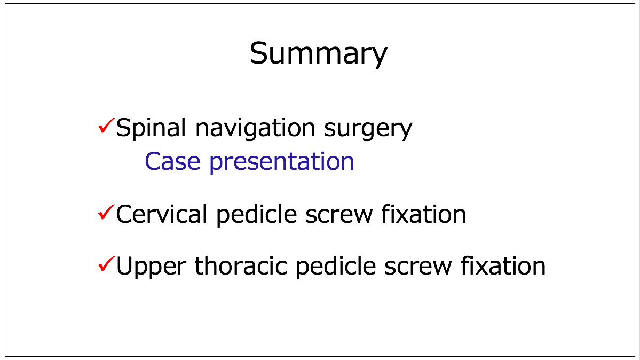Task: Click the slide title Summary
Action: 318,54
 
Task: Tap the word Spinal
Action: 151,129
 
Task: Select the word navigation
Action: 255,129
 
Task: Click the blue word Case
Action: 172,161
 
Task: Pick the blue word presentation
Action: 282,163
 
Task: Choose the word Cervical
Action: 161,214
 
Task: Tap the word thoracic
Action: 240,266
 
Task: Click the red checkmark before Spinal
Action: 106,126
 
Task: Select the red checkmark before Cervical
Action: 106,213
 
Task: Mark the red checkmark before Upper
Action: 106,264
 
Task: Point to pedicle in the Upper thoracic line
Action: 336,267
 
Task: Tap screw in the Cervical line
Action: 339,216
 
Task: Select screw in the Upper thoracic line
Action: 418,268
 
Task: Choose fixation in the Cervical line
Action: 424,214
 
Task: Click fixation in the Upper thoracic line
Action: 503,266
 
